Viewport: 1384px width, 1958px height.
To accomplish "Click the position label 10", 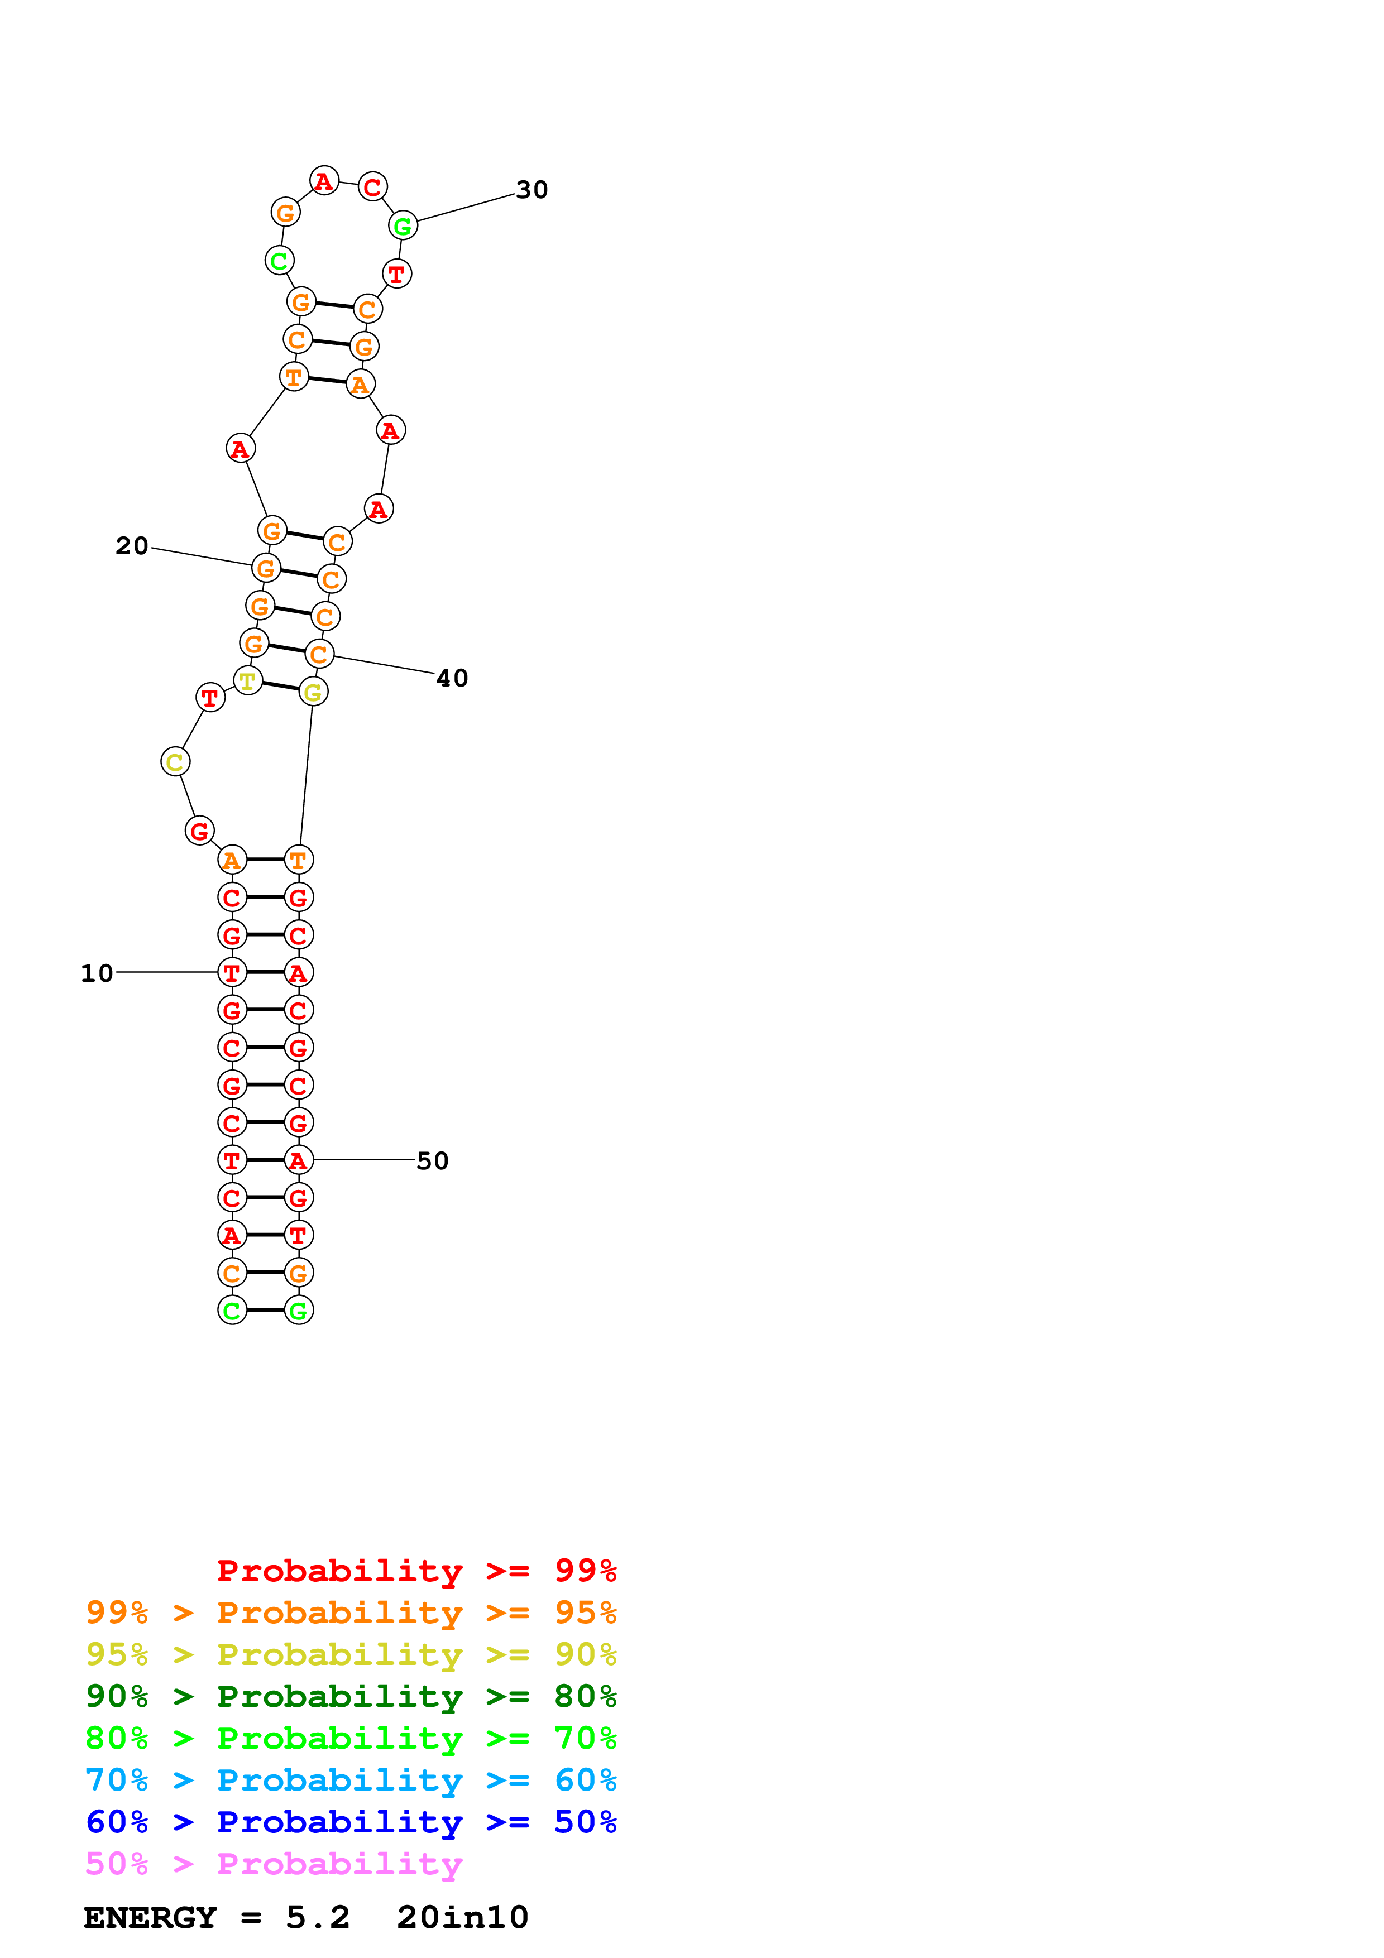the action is pos(97,973).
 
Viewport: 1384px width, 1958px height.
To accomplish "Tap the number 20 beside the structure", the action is pos(132,546).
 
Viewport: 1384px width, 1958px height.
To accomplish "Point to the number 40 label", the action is pos(452,678).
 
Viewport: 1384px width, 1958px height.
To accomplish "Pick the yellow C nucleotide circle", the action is pos(175,761).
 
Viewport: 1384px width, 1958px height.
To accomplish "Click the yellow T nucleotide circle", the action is pos(247,680).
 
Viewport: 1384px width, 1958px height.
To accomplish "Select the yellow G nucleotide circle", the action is pos(313,693).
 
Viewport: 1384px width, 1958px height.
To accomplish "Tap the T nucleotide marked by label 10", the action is pos(232,972).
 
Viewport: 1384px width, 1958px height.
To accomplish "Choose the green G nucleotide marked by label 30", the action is pos(403,226).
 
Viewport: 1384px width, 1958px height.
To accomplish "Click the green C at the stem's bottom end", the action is pos(232,1310).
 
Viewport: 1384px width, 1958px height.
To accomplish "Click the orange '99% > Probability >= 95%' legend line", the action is pos(351,1612).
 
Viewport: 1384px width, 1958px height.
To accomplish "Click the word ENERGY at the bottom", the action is pos(150,1917).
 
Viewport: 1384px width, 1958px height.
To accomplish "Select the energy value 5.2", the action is pos(317,1917).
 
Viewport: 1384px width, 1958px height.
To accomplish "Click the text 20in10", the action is pos(462,1917).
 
